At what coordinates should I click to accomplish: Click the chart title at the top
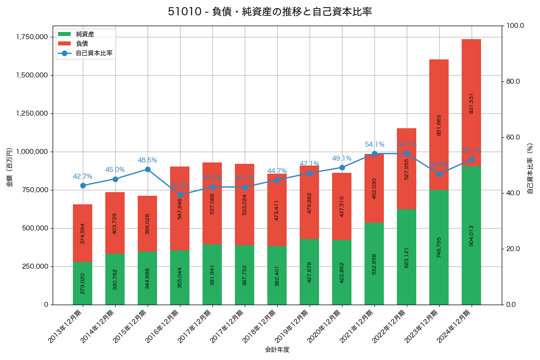click(270, 12)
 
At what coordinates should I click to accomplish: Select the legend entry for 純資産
click(85, 34)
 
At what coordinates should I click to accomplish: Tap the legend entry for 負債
click(81, 44)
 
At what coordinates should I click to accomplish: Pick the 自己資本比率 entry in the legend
click(94, 53)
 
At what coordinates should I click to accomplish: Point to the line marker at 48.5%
click(148, 169)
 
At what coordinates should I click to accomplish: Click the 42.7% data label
click(82, 176)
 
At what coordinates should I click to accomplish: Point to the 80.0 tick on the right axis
click(513, 81)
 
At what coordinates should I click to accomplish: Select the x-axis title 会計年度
click(277, 349)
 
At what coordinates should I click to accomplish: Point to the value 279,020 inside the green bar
click(82, 283)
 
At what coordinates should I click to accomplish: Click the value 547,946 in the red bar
click(180, 208)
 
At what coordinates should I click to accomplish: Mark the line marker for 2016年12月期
click(180, 195)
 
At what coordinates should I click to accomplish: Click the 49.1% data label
click(342, 158)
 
